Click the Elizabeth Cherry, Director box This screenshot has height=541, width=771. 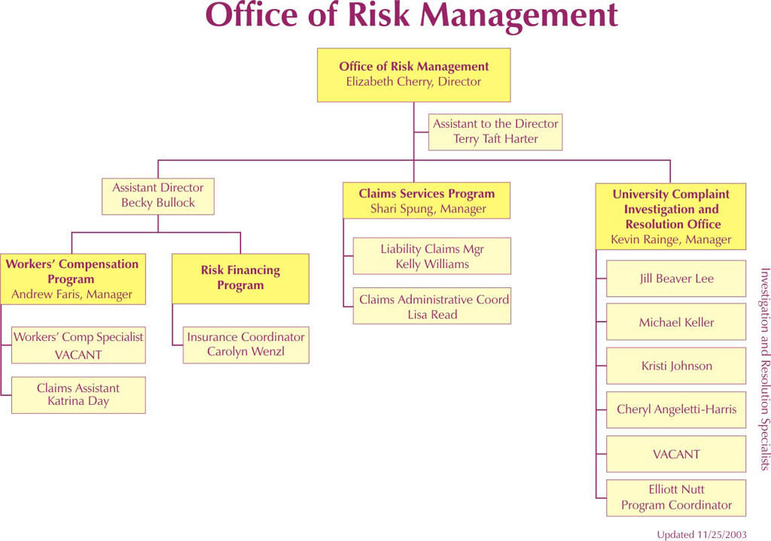[x=413, y=74]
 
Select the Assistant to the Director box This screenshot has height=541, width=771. [x=495, y=132]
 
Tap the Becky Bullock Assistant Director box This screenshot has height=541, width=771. [x=158, y=196]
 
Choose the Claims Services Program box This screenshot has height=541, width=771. [x=426, y=200]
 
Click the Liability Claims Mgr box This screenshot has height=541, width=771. [x=431, y=256]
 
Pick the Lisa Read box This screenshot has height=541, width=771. [x=431, y=305]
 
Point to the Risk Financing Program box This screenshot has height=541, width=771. [x=240, y=278]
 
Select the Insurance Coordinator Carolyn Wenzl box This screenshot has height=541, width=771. [x=246, y=345]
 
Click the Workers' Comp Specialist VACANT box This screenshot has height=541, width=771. [x=78, y=345]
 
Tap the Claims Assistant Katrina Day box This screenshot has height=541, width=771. [x=78, y=395]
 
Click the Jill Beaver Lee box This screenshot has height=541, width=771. [x=676, y=278]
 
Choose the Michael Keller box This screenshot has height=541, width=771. [x=676, y=322]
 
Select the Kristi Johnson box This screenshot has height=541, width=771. [x=676, y=366]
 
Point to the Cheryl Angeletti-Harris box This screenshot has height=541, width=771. [x=676, y=409]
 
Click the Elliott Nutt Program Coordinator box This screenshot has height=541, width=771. [x=676, y=498]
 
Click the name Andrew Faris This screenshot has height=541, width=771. [x=45, y=294]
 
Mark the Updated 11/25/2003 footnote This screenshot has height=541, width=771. [x=702, y=535]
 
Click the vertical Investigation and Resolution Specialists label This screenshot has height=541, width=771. [x=765, y=369]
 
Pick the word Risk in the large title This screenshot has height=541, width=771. [x=378, y=14]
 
